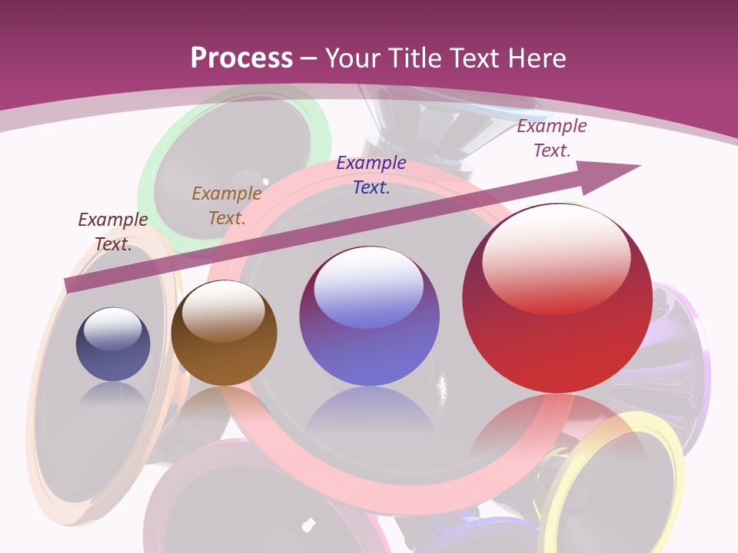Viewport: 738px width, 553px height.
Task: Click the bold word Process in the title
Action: pyautogui.click(x=241, y=58)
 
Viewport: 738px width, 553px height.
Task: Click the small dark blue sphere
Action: pyautogui.click(x=113, y=344)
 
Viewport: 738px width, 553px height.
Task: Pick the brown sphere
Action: pyautogui.click(x=224, y=333)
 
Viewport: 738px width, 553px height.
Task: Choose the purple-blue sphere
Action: pyautogui.click(x=369, y=316)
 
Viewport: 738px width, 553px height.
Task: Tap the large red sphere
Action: pyautogui.click(x=557, y=299)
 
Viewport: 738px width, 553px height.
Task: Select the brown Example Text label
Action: pyautogui.click(x=227, y=206)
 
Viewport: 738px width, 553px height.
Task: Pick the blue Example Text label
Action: pyautogui.click(x=371, y=175)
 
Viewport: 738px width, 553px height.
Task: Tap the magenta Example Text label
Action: pyautogui.click(x=552, y=138)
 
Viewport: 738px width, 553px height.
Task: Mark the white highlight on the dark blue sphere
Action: pyautogui.click(x=112, y=328)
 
